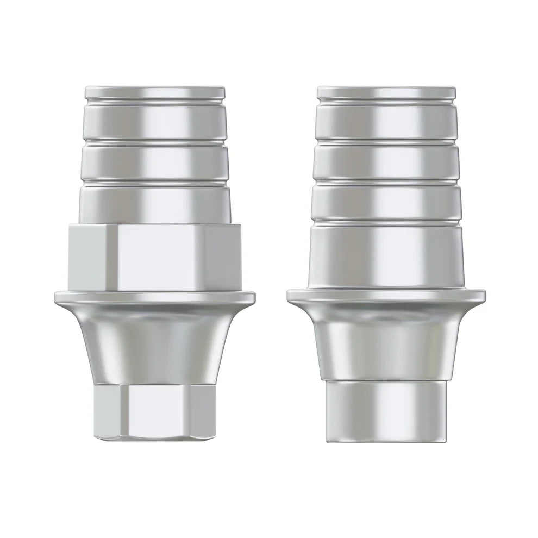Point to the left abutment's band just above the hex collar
(x=154, y=204)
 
